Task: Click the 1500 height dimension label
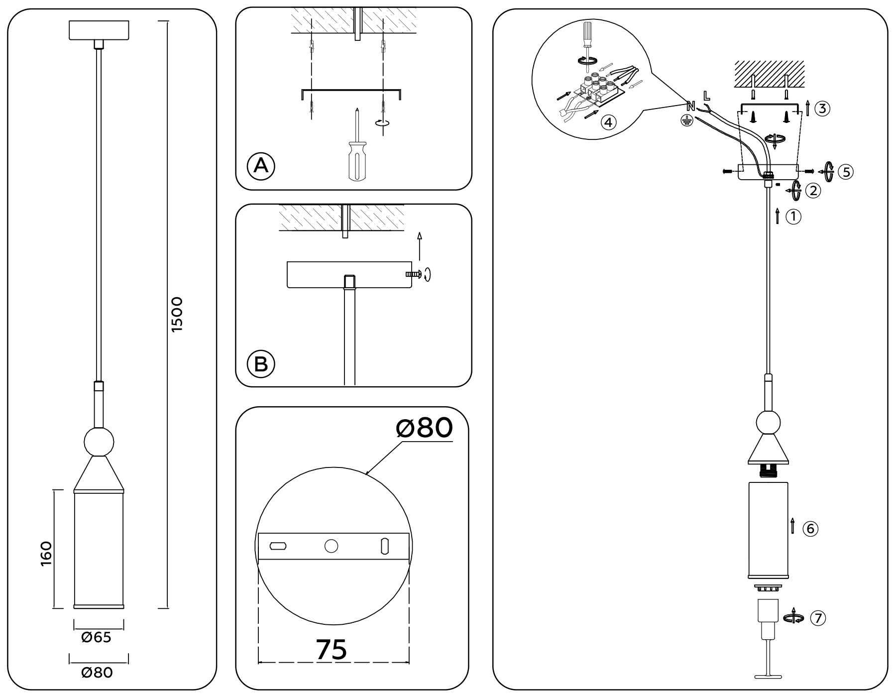click(x=177, y=314)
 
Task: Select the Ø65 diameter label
click(x=96, y=637)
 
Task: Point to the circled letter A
click(x=261, y=165)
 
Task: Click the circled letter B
click(x=261, y=364)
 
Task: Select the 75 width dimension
click(x=332, y=649)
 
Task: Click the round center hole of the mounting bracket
click(x=331, y=546)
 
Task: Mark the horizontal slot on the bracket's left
click(x=278, y=546)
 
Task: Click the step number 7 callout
click(x=818, y=618)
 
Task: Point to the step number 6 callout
click(x=810, y=528)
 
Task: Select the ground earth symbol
click(x=687, y=120)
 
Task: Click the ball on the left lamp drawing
click(x=99, y=441)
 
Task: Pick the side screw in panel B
click(x=413, y=274)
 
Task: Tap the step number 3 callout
click(x=823, y=109)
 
